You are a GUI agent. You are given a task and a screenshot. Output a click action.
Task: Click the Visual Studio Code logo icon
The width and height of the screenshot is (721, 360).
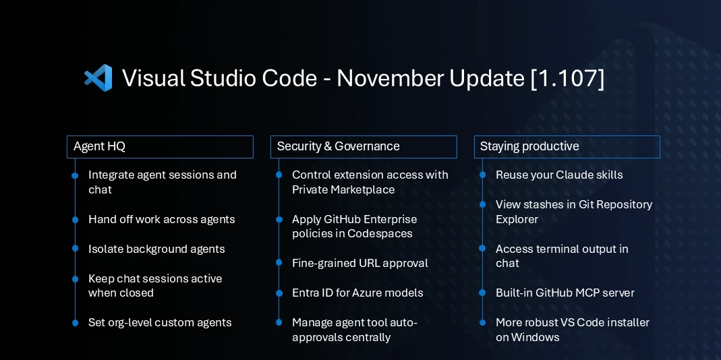pos(98,78)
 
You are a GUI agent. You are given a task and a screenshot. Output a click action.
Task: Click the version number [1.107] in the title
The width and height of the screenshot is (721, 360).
pos(567,78)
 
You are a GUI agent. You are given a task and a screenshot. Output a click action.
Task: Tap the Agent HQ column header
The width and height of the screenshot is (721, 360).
pos(160,146)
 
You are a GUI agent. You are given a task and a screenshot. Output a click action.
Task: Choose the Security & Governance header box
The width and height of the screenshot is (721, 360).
pos(364,146)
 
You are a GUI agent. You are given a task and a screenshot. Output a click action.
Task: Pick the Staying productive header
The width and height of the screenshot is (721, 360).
pos(567,146)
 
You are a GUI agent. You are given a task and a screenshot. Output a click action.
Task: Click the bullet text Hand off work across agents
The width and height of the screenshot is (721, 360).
pos(161,219)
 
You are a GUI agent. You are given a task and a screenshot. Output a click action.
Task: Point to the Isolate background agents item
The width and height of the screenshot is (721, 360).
pos(156,249)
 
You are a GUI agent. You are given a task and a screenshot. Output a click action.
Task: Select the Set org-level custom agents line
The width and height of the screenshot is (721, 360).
pos(160,322)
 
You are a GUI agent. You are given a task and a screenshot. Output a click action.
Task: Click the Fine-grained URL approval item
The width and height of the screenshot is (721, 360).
pos(359,263)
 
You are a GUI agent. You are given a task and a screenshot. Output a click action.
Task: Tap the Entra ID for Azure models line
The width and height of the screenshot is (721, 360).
pos(357,293)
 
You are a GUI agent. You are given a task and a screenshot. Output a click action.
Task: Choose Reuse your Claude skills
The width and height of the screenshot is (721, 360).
pos(559,175)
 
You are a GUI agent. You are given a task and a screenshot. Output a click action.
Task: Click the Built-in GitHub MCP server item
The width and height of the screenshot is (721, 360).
pos(565,293)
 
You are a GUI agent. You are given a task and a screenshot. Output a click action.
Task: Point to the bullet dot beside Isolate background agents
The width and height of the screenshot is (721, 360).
pos(75,249)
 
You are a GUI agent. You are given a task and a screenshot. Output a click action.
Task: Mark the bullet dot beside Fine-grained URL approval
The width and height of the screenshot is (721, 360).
pos(279,263)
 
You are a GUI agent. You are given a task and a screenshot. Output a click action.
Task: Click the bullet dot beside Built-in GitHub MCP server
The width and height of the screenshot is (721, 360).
pos(482,293)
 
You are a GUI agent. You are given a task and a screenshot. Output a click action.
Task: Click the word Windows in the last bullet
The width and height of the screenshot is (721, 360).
pos(536,337)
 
